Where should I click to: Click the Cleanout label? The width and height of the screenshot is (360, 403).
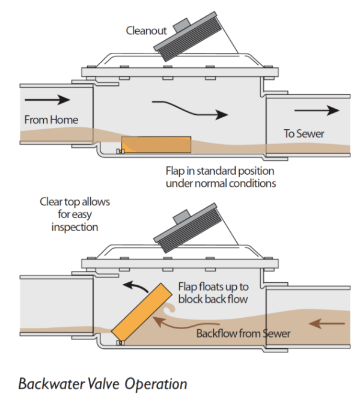click(x=146, y=31)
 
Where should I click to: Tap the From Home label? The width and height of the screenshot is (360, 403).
click(x=51, y=120)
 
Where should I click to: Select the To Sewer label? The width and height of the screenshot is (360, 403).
click(x=304, y=134)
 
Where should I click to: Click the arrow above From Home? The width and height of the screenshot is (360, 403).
click(x=47, y=100)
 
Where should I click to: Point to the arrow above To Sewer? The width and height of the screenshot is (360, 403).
click(x=317, y=111)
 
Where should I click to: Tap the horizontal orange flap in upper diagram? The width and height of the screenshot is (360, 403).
click(x=156, y=145)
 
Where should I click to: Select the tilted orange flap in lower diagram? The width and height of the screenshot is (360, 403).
click(x=142, y=312)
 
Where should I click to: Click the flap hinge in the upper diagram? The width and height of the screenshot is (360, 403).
click(x=120, y=151)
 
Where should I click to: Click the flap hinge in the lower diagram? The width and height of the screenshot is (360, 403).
click(x=120, y=343)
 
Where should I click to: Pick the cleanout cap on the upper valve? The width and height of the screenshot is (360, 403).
click(x=188, y=36)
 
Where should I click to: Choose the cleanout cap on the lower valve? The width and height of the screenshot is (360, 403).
click(x=188, y=228)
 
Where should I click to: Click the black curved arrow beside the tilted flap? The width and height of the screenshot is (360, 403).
click(x=135, y=285)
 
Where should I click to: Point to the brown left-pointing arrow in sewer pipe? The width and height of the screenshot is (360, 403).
click(x=326, y=324)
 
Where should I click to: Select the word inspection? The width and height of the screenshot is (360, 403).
click(x=75, y=228)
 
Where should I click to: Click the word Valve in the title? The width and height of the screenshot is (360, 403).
click(x=103, y=384)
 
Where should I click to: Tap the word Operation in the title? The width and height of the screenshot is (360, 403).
click(x=156, y=384)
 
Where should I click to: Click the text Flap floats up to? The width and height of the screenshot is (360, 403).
click(x=213, y=287)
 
